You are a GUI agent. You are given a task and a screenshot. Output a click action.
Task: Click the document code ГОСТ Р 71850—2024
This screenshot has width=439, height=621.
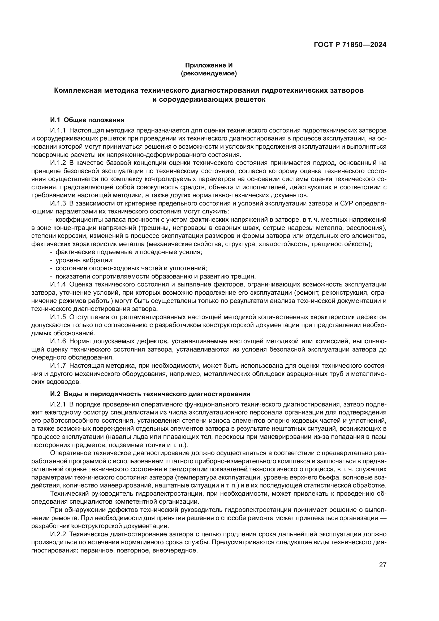350,45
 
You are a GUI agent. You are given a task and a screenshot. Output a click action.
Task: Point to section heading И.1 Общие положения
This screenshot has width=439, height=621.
87,120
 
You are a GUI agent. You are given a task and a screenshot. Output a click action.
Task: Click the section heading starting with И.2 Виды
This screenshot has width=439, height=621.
150,394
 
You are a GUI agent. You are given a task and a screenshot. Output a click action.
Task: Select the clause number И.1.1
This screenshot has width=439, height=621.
58,130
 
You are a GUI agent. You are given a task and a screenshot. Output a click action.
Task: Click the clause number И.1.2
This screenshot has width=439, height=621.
58,163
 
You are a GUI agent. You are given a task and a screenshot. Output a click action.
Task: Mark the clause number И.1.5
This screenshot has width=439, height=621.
58,317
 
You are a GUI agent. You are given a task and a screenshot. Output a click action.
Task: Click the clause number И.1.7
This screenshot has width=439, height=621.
58,366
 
